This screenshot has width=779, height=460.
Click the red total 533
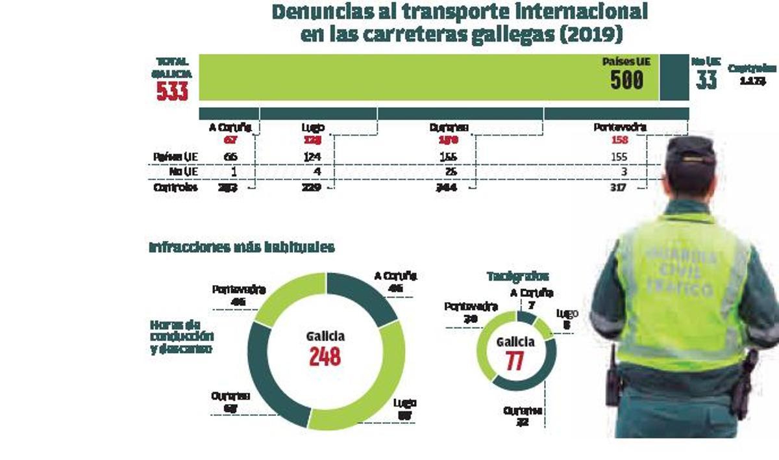point(172,90)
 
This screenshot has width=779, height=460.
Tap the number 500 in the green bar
point(626,80)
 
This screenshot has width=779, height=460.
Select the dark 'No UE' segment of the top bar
point(674,77)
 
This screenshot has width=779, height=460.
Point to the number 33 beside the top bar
point(706,80)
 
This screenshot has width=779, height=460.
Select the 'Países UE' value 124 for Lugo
point(312,157)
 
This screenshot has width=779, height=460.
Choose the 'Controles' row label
point(175,188)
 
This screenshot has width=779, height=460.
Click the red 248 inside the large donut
point(325,356)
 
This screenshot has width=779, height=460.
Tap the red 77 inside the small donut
point(515,361)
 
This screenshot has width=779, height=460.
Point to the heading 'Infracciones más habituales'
point(241,248)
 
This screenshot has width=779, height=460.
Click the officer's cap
point(690,150)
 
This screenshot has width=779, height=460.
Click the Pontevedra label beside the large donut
point(238,289)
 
